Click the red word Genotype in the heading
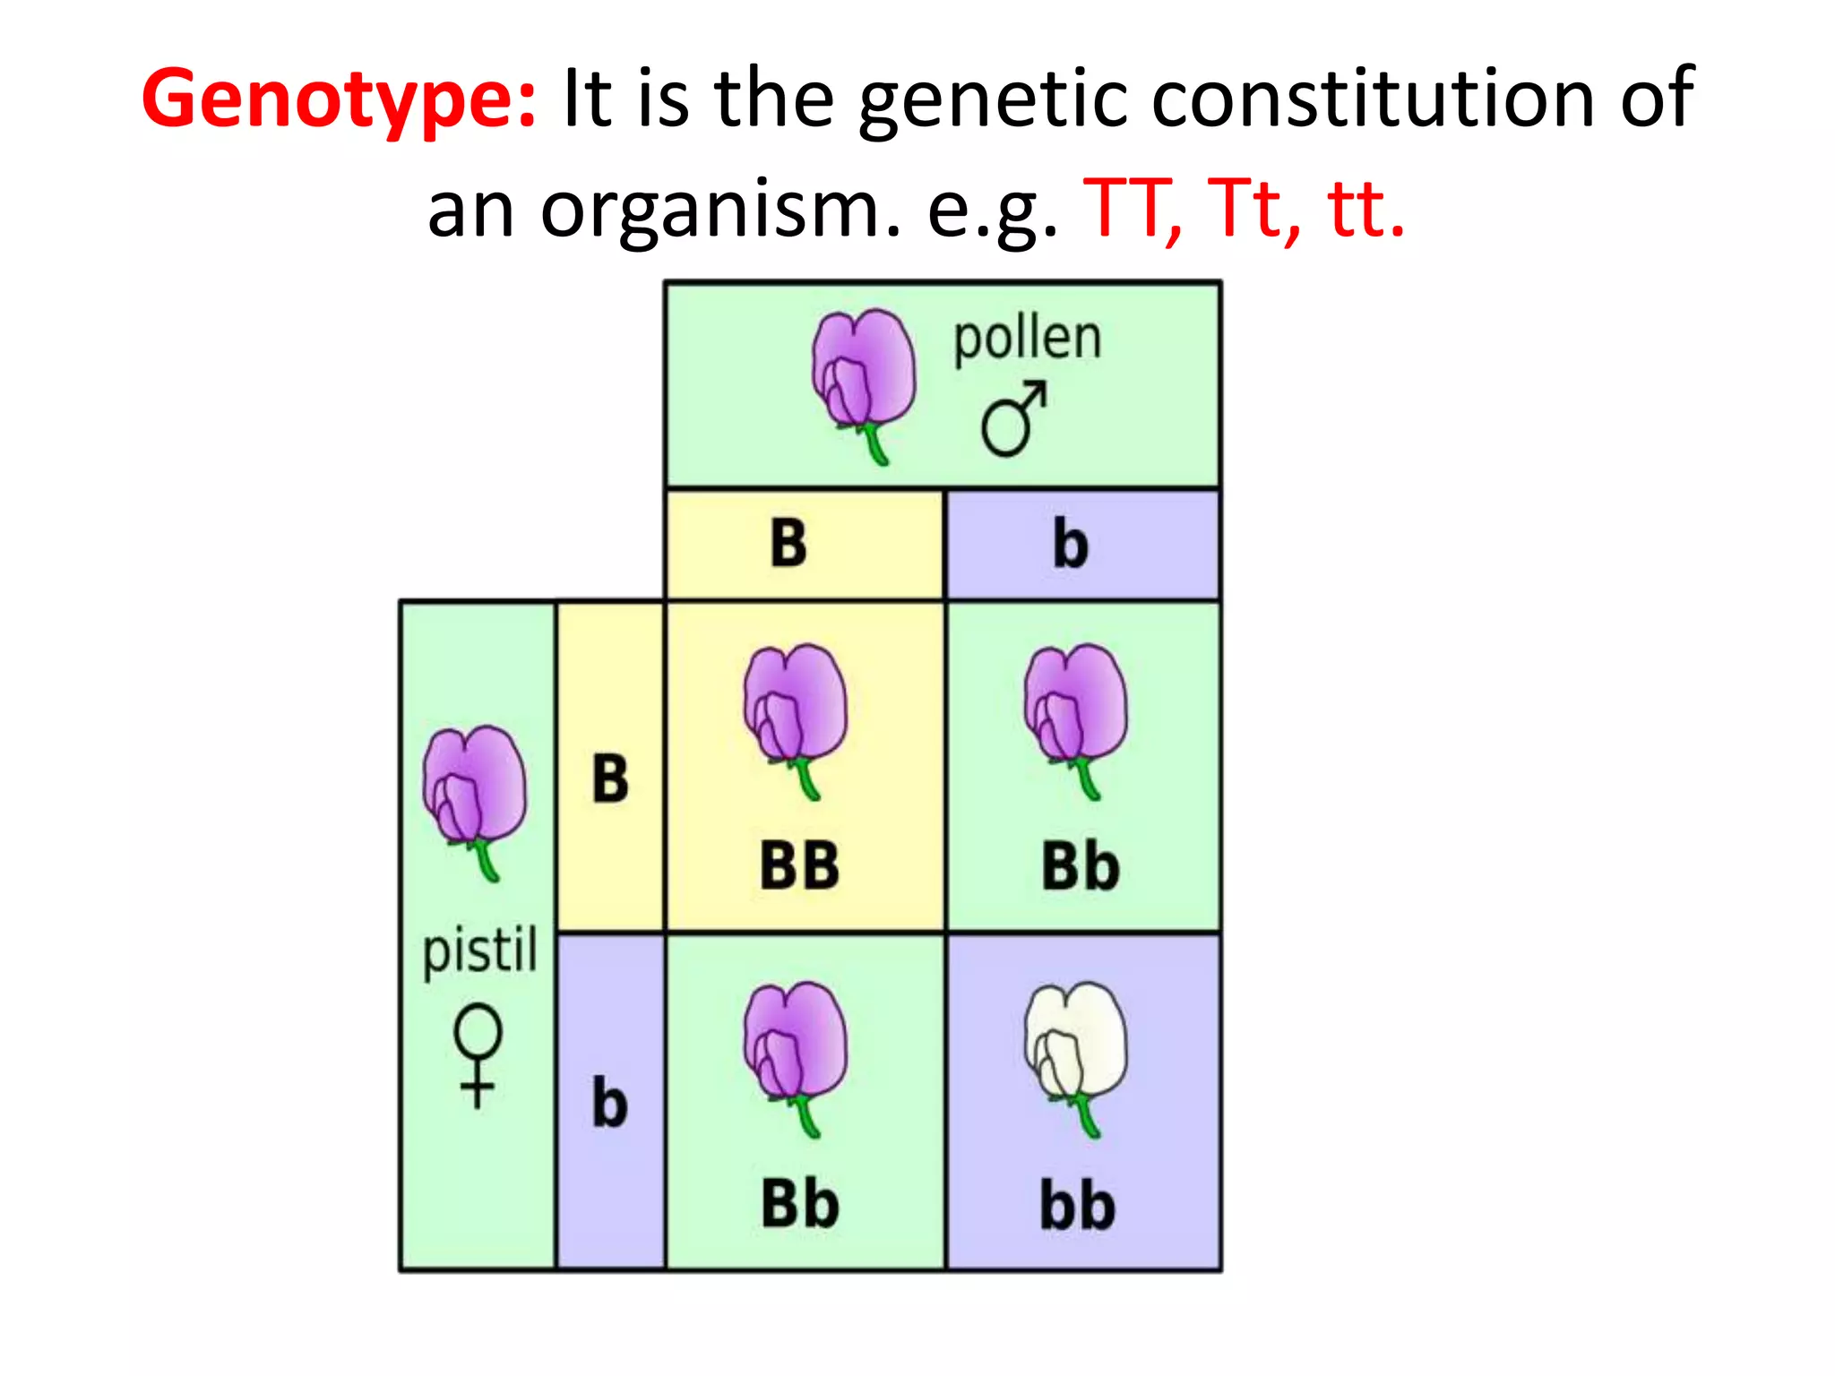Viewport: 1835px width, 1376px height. pyautogui.click(x=339, y=99)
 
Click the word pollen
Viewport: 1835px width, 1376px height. pyautogui.click(x=1027, y=339)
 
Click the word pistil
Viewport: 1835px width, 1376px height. pyautogui.click(x=480, y=950)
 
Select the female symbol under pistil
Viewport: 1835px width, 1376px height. pyautogui.click(x=478, y=1055)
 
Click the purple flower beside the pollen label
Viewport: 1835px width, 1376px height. pyautogui.click(x=863, y=381)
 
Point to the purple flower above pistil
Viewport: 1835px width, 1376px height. pyautogui.click(x=475, y=797)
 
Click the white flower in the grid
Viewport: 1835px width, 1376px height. pyautogui.click(x=1076, y=1053)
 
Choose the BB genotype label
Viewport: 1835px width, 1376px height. pyautogui.click(x=799, y=866)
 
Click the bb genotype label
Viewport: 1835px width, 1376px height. pyautogui.click(x=1077, y=1205)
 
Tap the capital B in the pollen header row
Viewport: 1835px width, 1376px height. pyautogui.click(x=788, y=543)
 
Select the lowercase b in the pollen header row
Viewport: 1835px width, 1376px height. pyautogui.click(x=1070, y=544)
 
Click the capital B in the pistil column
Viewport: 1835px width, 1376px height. pyautogui.click(x=610, y=778)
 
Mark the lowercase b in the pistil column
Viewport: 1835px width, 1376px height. pyautogui.click(x=609, y=1102)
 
